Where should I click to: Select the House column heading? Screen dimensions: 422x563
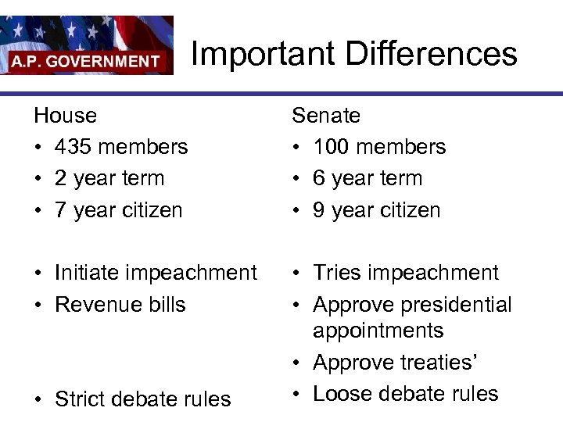tap(66, 116)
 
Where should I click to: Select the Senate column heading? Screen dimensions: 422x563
tap(326, 116)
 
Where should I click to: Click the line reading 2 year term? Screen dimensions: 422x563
tap(109, 178)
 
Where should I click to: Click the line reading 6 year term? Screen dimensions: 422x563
tap(368, 178)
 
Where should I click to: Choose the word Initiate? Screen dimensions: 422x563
tap(88, 273)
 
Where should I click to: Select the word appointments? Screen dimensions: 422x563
tap(378, 331)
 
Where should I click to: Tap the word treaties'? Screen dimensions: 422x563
tap(449, 363)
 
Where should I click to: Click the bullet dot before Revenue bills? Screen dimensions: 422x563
tap(38, 305)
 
